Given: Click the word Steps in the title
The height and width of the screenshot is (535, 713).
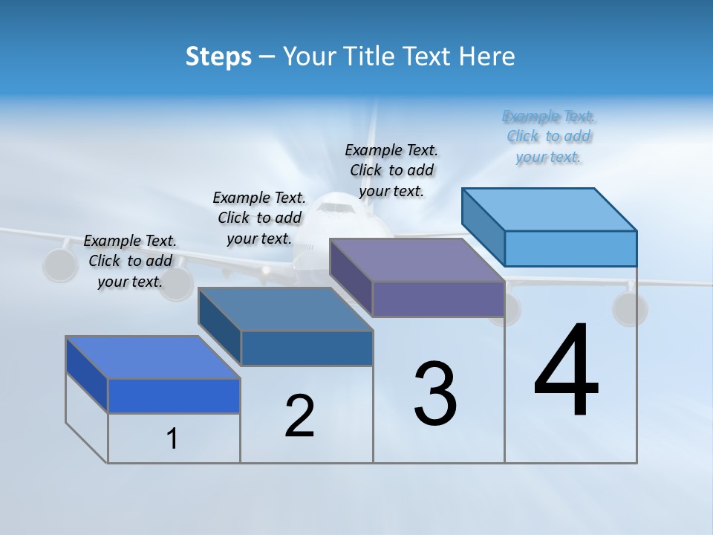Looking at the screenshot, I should tap(218, 56).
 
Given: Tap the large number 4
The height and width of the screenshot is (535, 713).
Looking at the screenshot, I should tap(566, 372).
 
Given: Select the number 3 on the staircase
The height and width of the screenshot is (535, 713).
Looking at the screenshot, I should tap(435, 394).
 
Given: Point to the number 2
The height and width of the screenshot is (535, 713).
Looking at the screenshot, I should tap(299, 416).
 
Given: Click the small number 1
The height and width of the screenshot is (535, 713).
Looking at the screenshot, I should tap(172, 439).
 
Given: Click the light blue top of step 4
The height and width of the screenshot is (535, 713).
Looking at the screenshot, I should tap(550, 209).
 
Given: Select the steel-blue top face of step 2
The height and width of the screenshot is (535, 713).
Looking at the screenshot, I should tap(286, 308).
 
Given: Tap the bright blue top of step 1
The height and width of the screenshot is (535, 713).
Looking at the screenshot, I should tap(153, 357).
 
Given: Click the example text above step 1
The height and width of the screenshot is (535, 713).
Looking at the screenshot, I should tap(130, 261).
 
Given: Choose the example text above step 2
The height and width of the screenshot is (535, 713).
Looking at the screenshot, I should tap(258, 218).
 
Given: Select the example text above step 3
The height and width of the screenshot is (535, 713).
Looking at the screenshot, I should tap(391, 170).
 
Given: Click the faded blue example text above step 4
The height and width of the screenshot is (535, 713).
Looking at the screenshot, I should tap(548, 137).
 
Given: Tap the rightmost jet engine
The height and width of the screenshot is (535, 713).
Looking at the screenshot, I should tap(629, 308).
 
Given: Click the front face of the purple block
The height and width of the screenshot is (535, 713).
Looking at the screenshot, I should tap(438, 299).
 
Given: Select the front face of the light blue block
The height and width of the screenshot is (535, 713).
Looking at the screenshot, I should tap(570, 248).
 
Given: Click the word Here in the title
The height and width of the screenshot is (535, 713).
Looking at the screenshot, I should tap(486, 56).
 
